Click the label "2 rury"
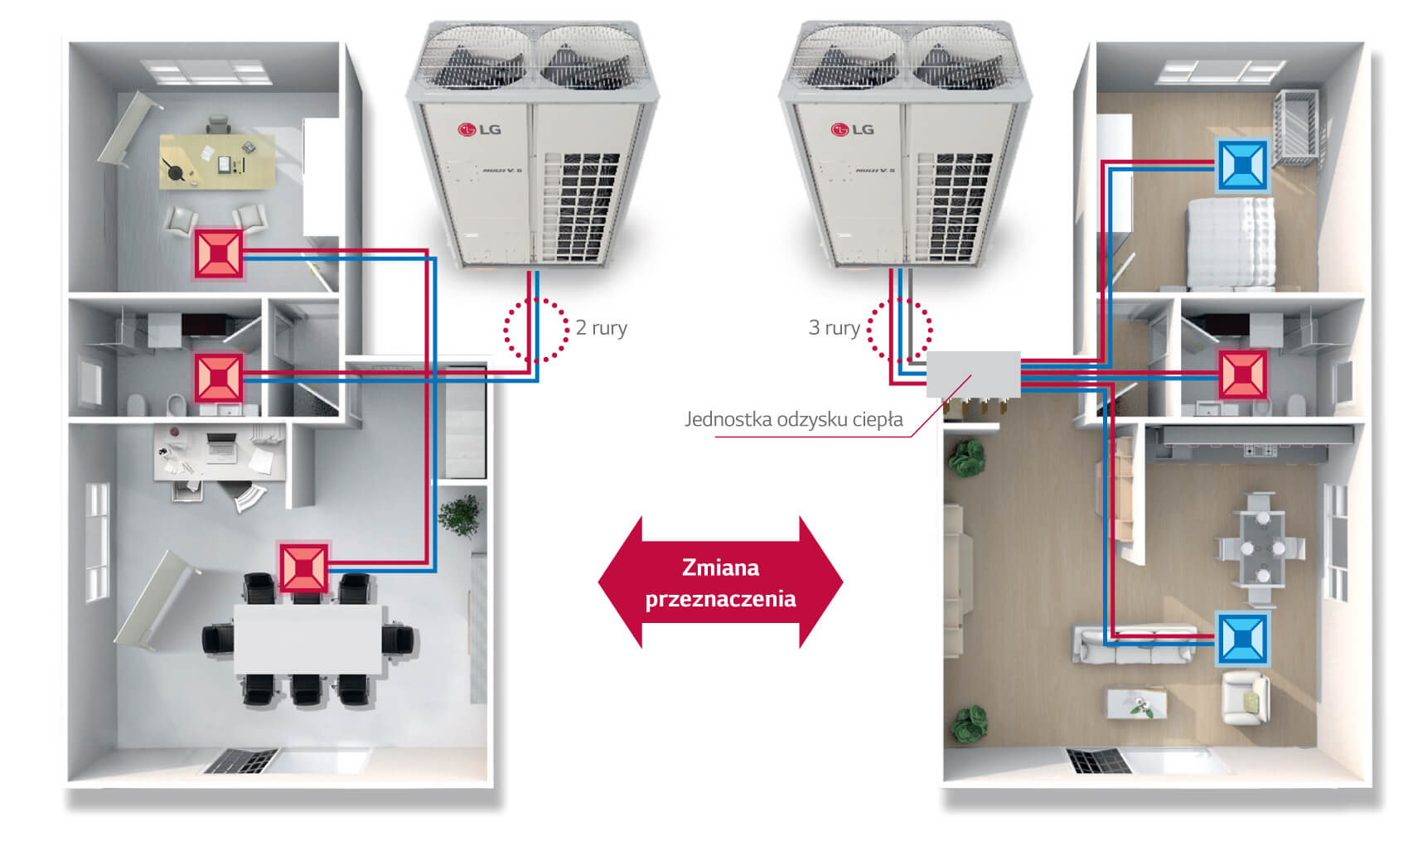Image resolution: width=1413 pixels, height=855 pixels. (x=601, y=328)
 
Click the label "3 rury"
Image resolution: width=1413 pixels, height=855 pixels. (x=834, y=328)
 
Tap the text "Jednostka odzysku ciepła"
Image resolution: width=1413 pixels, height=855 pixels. (x=793, y=419)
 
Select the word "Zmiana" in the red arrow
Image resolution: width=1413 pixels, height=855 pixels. (x=720, y=568)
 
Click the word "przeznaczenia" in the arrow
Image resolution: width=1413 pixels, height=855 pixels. (x=720, y=598)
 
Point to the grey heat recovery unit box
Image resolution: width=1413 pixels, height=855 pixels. (x=973, y=374)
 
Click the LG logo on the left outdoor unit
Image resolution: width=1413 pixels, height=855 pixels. (x=480, y=129)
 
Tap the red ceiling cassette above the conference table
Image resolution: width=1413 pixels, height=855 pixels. (x=303, y=567)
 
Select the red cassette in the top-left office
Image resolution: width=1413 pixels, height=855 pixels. (x=219, y=254)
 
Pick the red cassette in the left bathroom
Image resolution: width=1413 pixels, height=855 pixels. (x=219, y=378)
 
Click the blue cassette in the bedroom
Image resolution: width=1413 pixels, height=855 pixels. (x=1241, y=165)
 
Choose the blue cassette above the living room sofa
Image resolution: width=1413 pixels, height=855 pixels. (x=1241, y=639)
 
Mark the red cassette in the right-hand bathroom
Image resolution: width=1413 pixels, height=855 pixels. (x=1241, y=374)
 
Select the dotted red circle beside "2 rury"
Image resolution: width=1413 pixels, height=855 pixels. (x=536, y=330)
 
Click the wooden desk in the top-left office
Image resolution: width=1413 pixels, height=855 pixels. (x=217, y=161)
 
